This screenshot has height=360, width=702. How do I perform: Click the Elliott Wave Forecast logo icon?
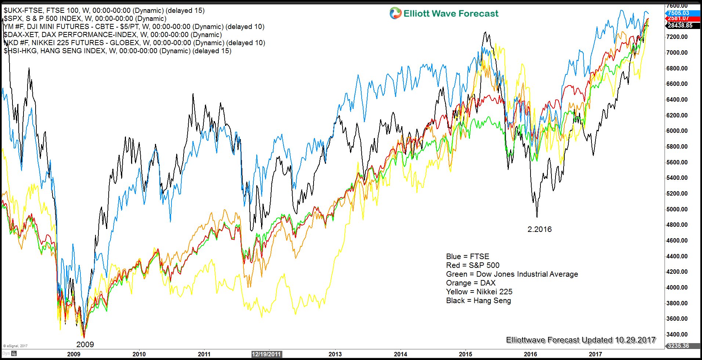(395, 14)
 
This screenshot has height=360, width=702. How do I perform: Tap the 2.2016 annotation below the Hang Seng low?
(539, 229)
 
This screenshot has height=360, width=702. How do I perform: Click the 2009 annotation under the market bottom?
(85, 345)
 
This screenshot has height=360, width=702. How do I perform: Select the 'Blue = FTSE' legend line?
(467, 257)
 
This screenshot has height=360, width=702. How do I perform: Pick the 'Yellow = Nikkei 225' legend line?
(479, 292)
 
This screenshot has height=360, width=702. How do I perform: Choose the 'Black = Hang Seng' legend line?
(478, 301)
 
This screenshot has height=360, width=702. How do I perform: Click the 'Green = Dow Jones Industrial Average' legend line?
(511, 274)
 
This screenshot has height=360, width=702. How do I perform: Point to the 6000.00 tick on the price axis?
(677, 131)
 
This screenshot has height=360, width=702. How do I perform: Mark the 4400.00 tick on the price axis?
(677, 256)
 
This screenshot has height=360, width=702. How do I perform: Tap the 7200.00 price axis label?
(677, 37)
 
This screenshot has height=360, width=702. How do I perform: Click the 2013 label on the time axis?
(335, 354)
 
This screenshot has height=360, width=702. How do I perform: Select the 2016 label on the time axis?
(530, 354)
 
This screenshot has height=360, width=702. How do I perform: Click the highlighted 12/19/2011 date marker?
(267, 354)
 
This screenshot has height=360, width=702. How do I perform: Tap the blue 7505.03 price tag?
(679, 13)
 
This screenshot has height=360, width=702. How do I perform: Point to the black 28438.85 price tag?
(680, 25)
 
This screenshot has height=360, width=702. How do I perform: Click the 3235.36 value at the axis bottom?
(678, 346)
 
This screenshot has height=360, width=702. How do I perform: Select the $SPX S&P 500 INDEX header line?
(85, 19)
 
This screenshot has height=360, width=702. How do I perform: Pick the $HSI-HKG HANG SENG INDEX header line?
(117, 51)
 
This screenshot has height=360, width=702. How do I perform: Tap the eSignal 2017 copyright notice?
(15, 346)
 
